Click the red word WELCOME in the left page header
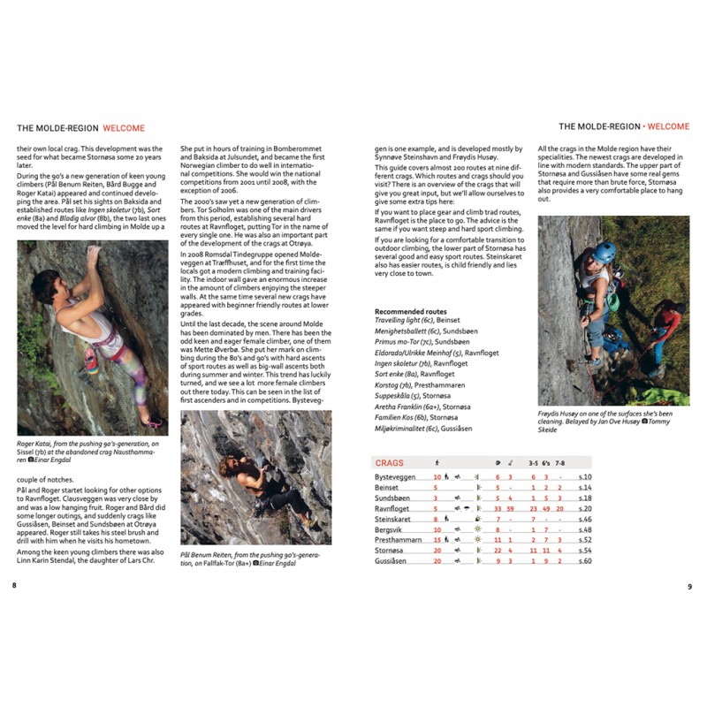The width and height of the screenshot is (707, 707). pos(124,127)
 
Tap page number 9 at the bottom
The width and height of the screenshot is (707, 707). pos(689,585)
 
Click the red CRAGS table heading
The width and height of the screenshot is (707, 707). pos(390,462)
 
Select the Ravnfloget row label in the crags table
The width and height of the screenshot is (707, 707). pos(392,509)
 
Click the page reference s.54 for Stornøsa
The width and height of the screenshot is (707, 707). pos(584,551)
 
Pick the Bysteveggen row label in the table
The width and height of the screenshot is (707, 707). pos(394,477)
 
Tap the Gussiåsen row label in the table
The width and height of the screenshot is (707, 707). pos(392,561)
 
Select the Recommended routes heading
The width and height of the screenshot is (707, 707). pos(411,312)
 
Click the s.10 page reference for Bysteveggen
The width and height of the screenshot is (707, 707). pos(584,477)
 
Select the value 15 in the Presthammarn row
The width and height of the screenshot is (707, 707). pos(437,540)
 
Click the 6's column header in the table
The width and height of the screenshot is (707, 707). pos(546,462)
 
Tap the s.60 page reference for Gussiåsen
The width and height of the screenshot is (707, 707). pos(584,561)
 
